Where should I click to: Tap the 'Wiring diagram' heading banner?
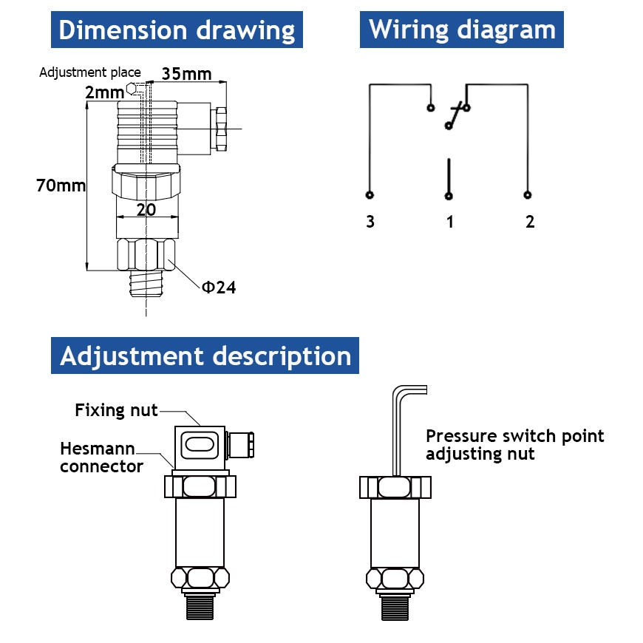coord(462,30)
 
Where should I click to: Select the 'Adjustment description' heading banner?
coord(205,355)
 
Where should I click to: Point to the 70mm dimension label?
coord(61,186)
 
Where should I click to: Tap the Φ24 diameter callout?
coord(219,288)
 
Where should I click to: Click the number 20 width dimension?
coord(146,209)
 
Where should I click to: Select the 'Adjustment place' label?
coord(89,72)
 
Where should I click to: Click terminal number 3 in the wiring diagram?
coord(370,222)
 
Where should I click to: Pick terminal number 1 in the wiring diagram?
coord(449,222)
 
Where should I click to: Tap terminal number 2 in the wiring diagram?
coord(529,222)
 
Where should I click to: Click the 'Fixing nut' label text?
coord(116,410)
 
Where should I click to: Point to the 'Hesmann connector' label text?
coord(101,457)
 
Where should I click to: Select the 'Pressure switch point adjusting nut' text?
coord(514,445)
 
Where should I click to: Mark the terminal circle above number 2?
coord(527,195)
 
